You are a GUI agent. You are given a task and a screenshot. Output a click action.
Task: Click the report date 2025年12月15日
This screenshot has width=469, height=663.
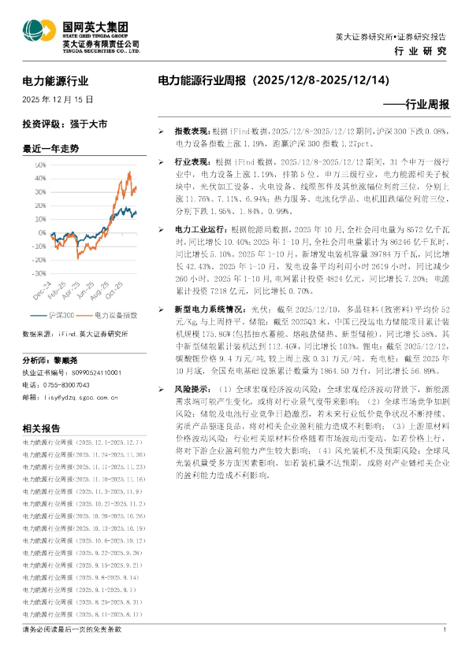(x=58, y=100)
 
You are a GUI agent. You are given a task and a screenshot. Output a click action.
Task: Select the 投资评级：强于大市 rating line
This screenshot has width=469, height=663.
(x=65, y=124)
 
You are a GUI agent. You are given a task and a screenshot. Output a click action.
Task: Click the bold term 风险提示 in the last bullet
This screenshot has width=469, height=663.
(x=192, y=389)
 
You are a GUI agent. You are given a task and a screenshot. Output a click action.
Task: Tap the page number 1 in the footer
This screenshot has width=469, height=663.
(x=445, y=630)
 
